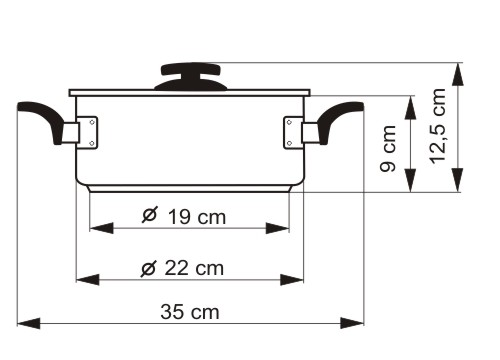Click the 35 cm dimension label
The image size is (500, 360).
[x=190, y=312]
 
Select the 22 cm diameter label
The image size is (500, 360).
[x=182, y=268]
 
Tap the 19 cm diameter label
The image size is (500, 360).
[x=184, y=216]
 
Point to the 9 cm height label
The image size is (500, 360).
[x=388, y=149]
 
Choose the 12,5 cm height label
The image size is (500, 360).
[x=437, y=126]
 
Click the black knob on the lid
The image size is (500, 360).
[x=191, y=77]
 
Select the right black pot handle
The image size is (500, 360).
[x=340, y=121]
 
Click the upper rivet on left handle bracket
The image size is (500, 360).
[x=92, y=122]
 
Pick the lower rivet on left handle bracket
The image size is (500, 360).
[x=92, y=143]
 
